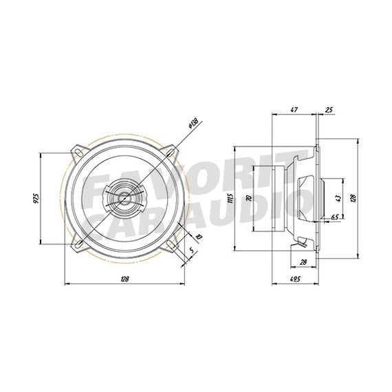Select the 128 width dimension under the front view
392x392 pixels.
click(x=124, y=279)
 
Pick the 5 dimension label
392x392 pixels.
click(x=190, y=250)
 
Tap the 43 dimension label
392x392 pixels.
click(x=338, y=198)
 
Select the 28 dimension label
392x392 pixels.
click(x=304, y=263)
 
